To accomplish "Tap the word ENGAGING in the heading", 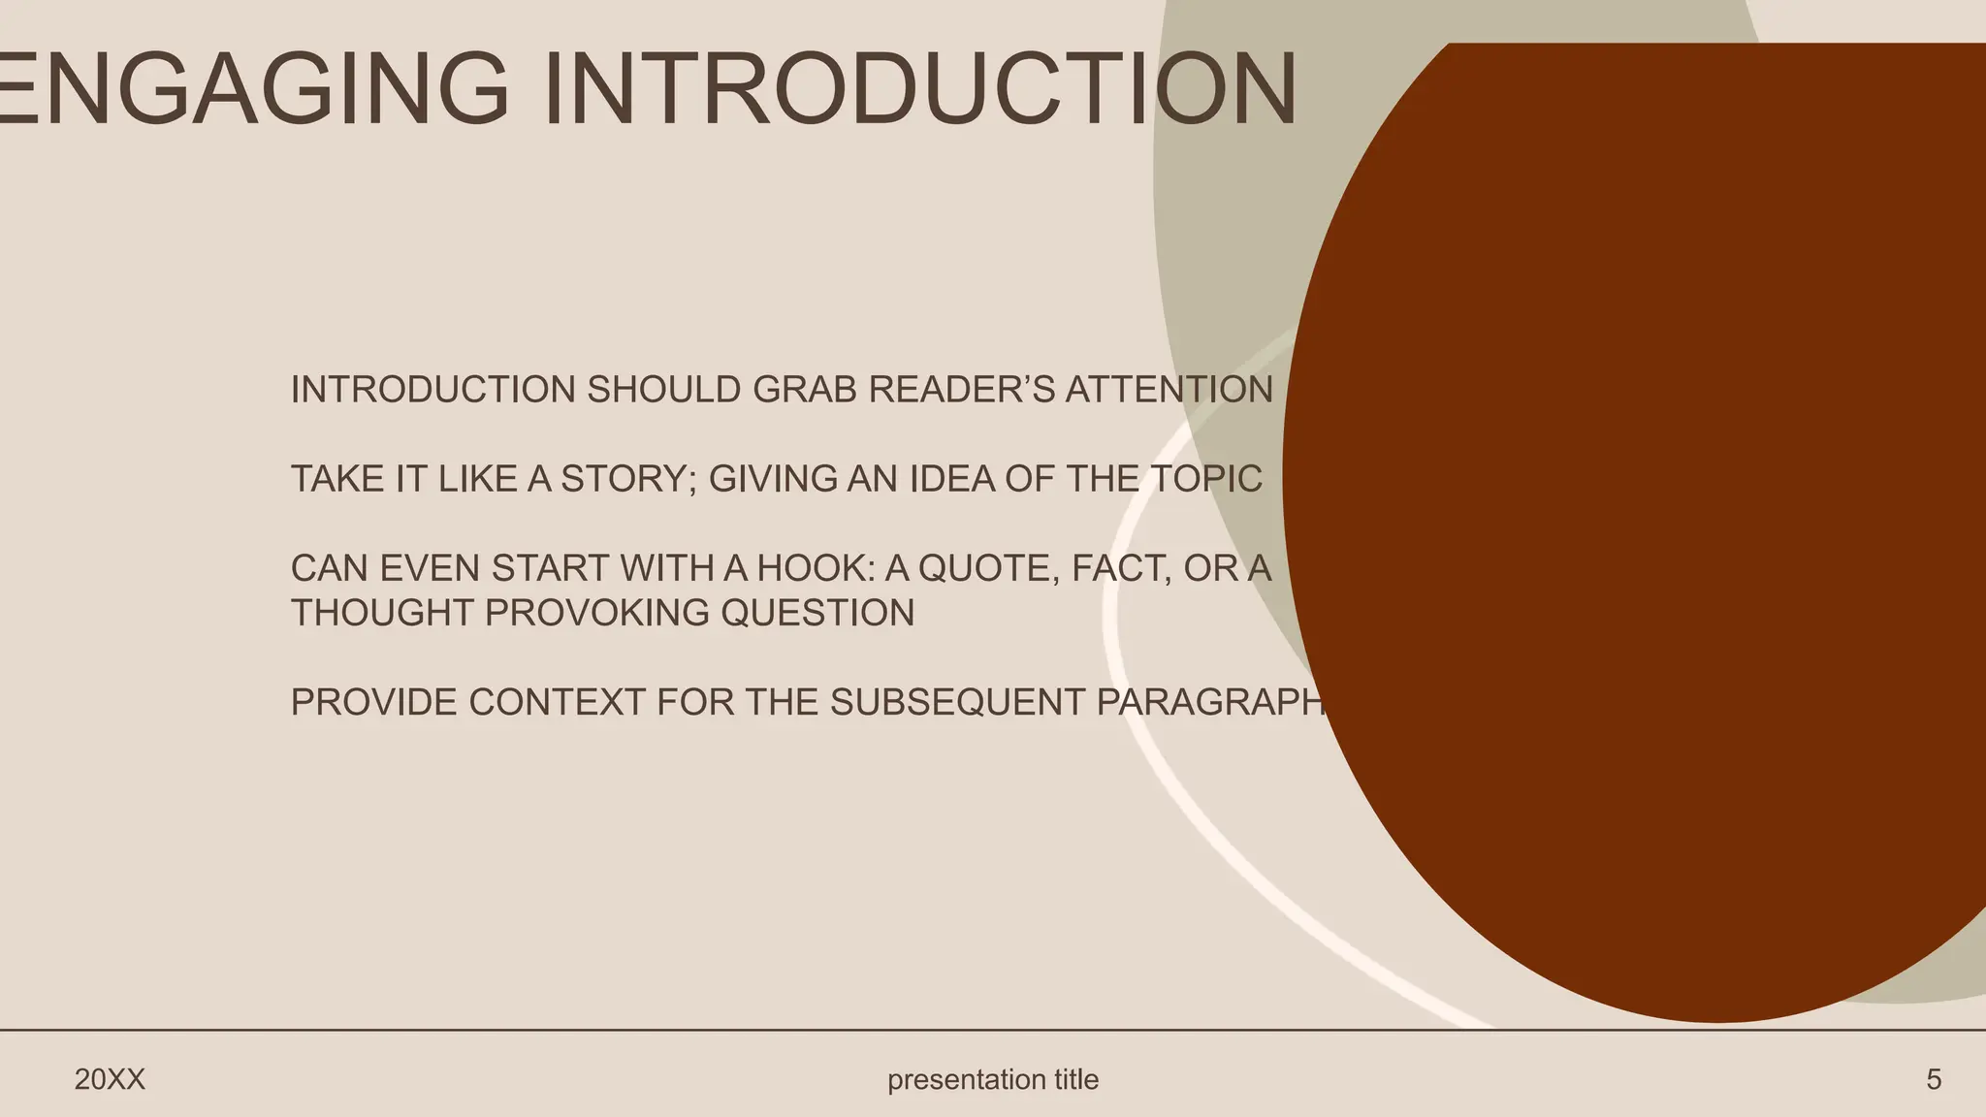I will coord(252,89).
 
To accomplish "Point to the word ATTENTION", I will coord(1169,390).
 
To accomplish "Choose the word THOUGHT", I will coord(381,613).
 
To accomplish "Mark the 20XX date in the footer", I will coord(110,1079).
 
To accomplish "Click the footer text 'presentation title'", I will coord(993,1079).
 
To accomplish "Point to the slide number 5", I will coord(1934,1079).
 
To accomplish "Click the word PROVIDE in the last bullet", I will coord(373,702).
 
